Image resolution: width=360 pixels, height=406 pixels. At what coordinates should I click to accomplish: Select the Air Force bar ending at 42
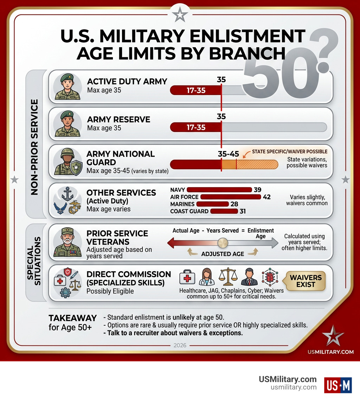click(x=230, y=197)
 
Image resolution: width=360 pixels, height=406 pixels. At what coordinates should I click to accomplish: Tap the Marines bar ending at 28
click(x=212, y=204)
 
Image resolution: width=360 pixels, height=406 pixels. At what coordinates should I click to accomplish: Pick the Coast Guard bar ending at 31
click(x=224, y=211)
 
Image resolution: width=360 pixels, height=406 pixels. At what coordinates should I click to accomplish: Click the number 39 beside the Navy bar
click(x=257, y=190)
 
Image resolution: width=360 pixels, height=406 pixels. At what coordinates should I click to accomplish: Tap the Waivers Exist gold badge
click(x=306, y=281)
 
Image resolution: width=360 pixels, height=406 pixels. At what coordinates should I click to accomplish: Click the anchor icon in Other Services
click(x=67, y=194)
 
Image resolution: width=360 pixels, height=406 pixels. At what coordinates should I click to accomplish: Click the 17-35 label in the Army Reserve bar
click(x=196, y=127)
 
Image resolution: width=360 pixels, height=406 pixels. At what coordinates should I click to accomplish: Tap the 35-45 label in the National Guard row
click(x=229, y=154)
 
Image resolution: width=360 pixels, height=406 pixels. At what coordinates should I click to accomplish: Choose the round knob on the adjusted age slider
click(x=223, y=243)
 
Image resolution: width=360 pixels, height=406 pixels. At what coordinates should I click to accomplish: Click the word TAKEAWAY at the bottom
click(x=72, y=318)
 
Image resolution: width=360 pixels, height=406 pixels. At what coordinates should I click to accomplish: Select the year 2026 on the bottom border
click(x=180, y=345)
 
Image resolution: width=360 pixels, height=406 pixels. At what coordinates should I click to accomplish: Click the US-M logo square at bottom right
click(x=338, y=385)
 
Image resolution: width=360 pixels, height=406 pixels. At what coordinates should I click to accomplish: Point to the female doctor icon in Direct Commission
click(x=207, y=277)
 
